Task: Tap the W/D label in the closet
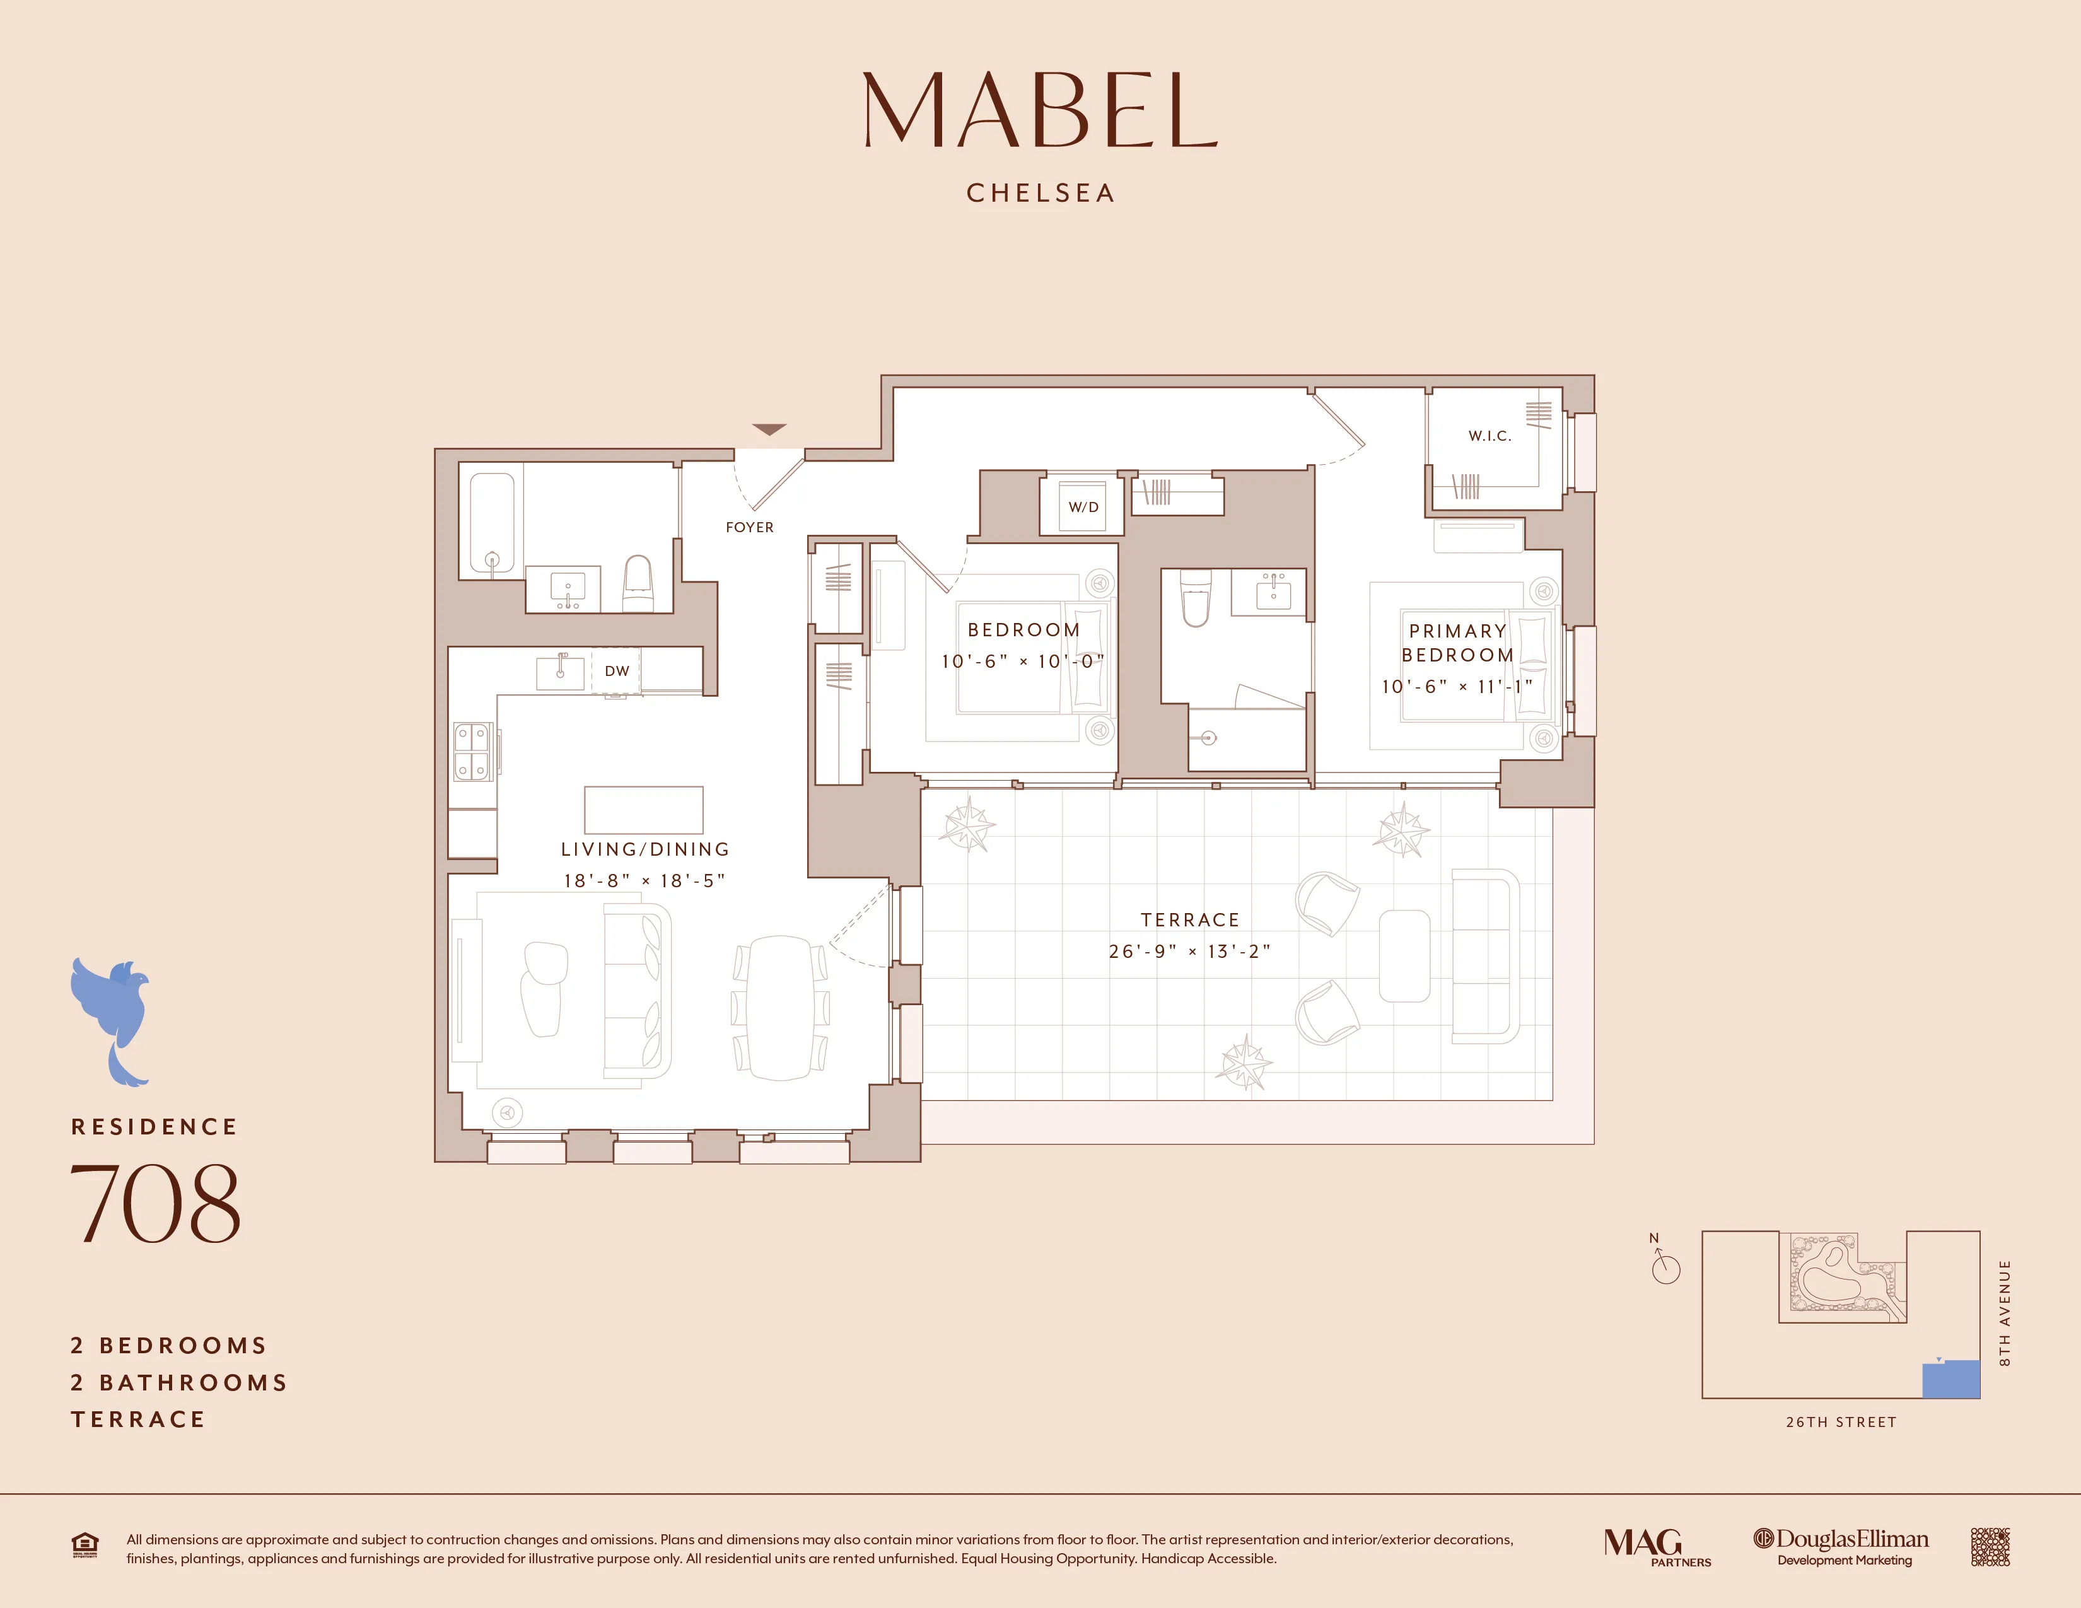point(1083,507)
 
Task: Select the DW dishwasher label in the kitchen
point(617,671)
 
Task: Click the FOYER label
point(750,527)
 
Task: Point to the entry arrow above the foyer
point(769,429)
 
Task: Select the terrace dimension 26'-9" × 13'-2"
point(1189,951)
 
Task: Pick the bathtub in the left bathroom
point(492,522)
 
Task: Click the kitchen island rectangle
point(643,810)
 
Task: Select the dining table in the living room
point(781,1008)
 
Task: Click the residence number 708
point(155,1203)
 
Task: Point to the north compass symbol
point(1665,1266)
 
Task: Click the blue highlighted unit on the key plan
point(1950,1380)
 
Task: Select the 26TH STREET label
point(1841,1421)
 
